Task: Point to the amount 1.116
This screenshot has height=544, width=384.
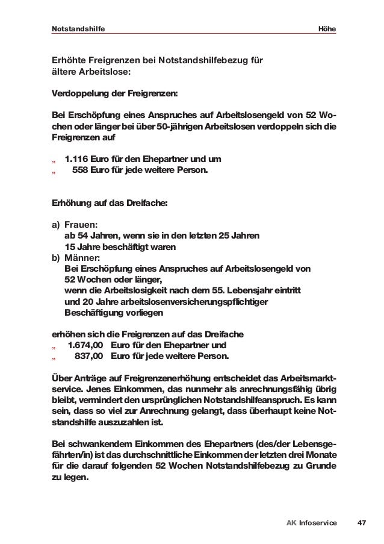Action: (77, 159)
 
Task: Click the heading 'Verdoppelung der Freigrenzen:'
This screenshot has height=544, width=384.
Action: (115, 93)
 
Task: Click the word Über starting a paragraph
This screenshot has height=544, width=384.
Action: (62, 378)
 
